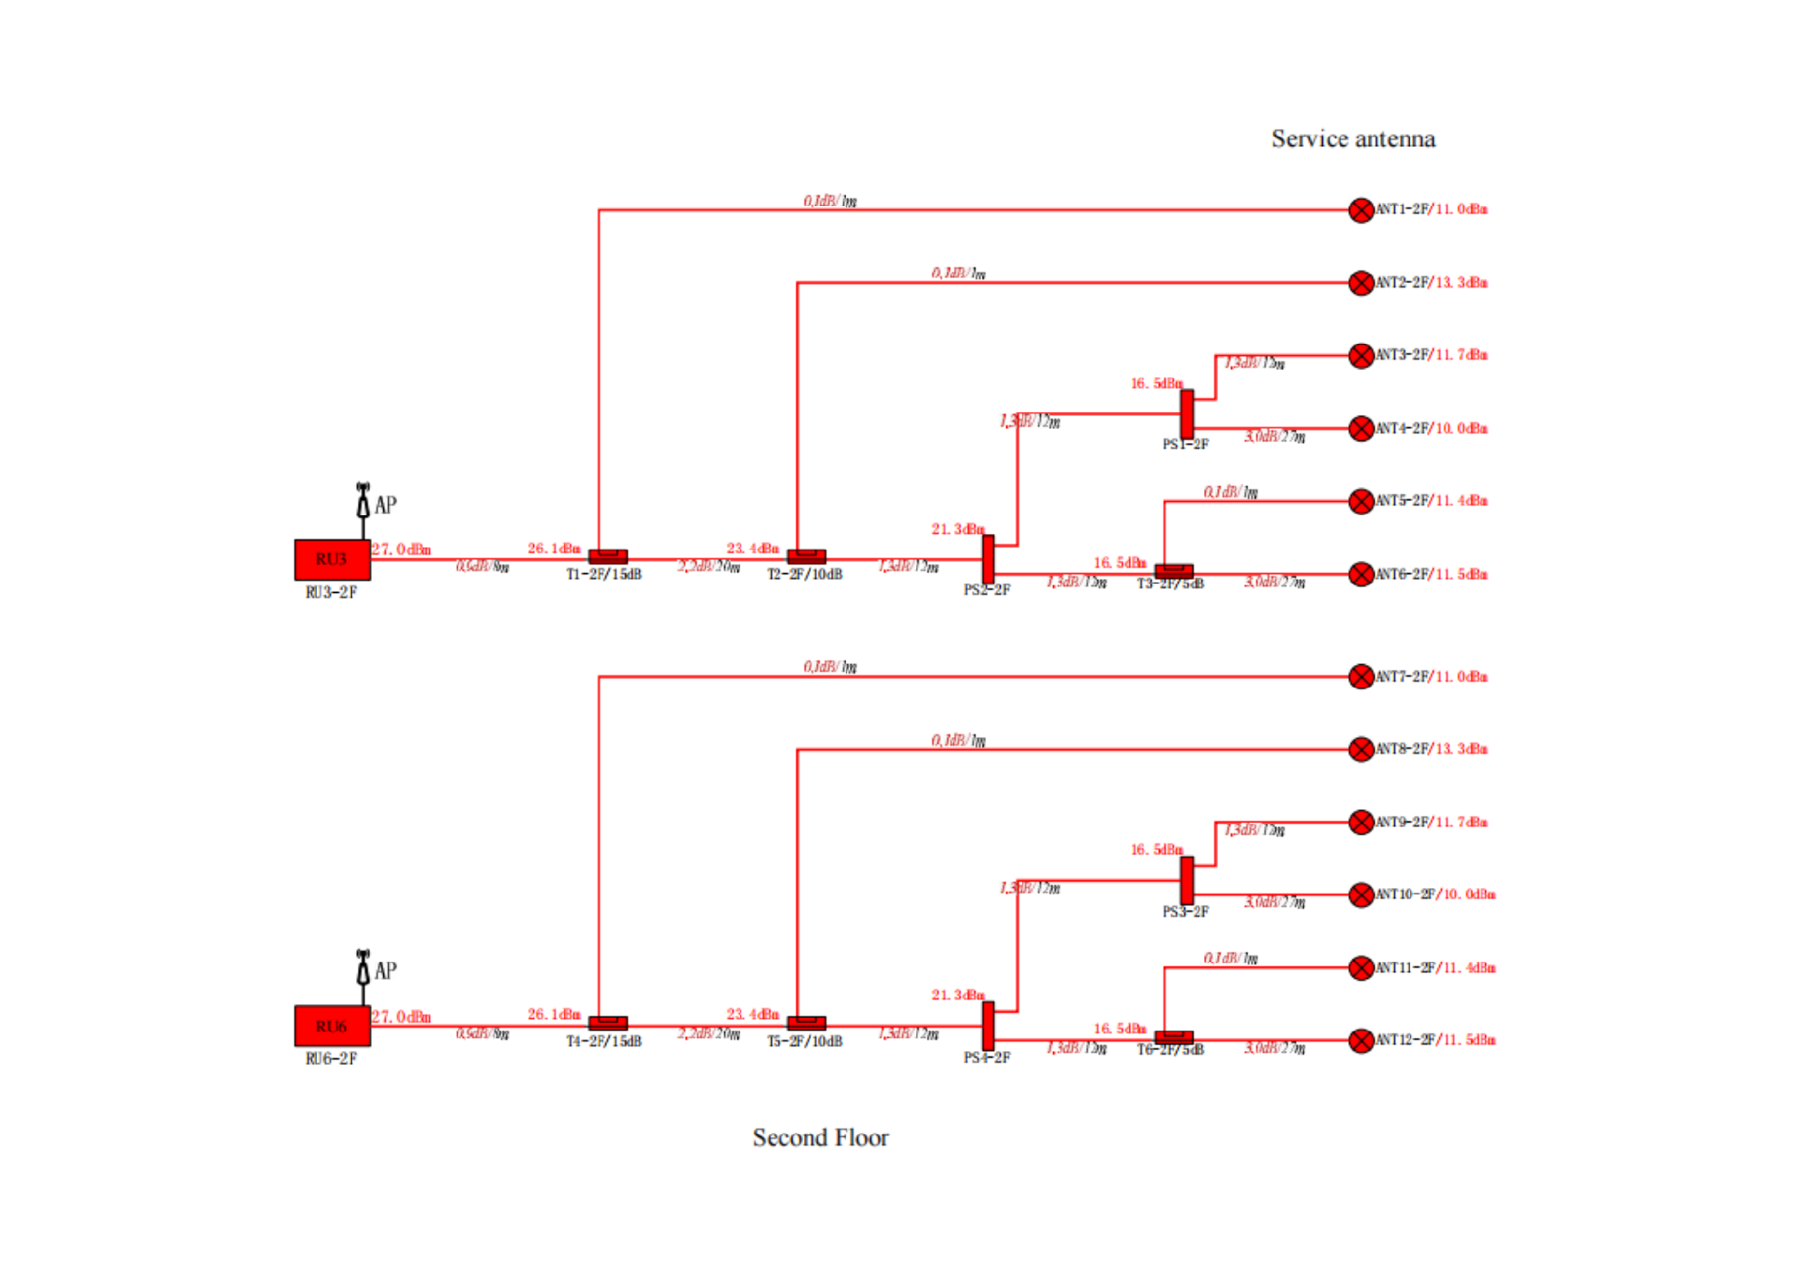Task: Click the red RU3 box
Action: point(332,559)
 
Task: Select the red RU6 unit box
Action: point(332,1026)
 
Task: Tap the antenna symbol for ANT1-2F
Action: point(1360,210)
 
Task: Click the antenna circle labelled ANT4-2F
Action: point(1360,428)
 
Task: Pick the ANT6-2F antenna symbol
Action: point(1360,574)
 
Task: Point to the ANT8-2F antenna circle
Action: point(1360,748)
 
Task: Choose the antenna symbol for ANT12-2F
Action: point(1360,1041)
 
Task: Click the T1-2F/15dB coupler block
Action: point(608,556)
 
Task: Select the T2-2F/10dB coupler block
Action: point(806,556)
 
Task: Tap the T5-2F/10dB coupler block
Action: point(806,1023)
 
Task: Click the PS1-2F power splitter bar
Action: point(1187,413)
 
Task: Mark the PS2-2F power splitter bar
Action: point(989,559)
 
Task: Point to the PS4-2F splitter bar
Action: point(989,1026)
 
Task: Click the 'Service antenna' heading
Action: point(1353,140)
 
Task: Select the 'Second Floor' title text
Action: point(821,1137)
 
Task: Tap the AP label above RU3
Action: point(385,505)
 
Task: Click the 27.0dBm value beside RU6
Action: point(402,1017)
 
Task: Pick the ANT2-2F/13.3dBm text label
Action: point(1432,282)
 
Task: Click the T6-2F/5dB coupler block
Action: point(1174,1036)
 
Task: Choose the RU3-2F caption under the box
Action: point(331,592)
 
